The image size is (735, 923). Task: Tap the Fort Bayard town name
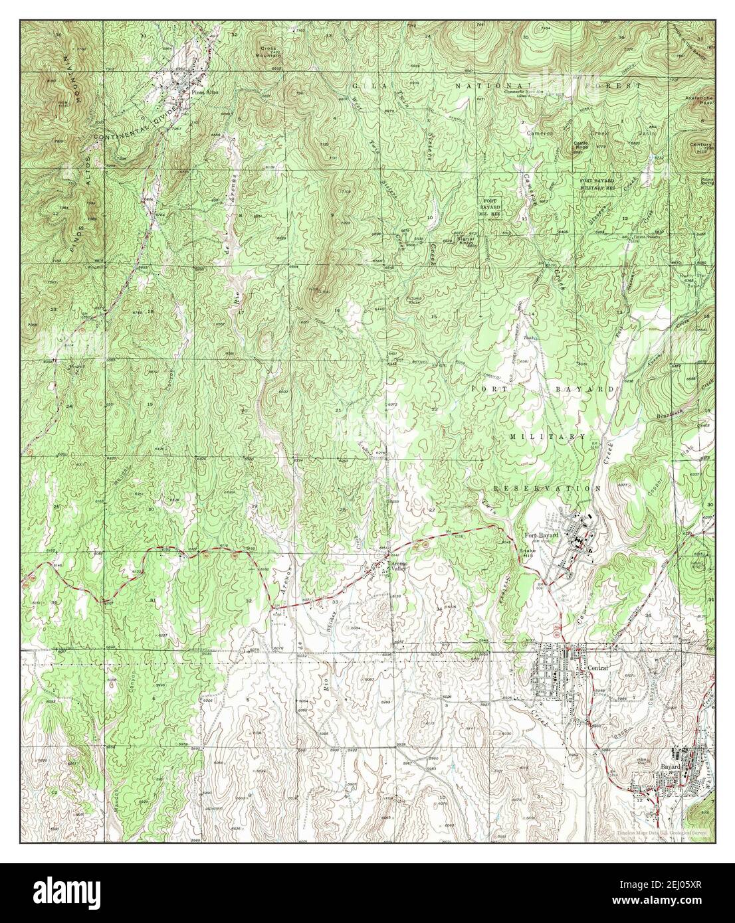point(540,536)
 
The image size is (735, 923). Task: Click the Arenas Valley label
point(398,566)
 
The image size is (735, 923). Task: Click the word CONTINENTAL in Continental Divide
point(126,127)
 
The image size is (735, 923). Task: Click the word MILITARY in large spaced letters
point(548,436)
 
